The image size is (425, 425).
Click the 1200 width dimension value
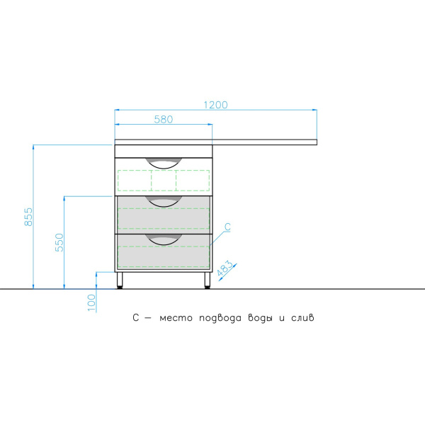(x=215, y=105)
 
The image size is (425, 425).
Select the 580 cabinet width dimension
(x=164, y=119)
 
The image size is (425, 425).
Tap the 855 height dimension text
(x=28, y=217)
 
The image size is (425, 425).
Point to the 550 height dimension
(x=59, y=242)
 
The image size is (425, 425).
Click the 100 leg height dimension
(x=91, y=302)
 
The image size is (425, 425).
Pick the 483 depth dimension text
(x=225, y=268)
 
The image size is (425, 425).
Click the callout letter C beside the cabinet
(x=227, y=227)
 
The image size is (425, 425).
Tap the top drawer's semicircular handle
(x=164, y=163)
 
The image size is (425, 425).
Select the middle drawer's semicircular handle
(x=164, y=201)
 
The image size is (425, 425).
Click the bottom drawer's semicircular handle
(x=164, y=239)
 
